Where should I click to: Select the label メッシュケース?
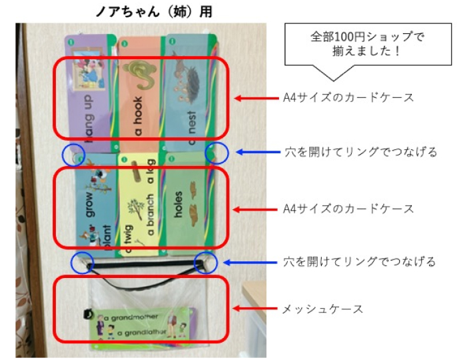point(322,309)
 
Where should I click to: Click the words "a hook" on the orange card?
point(138,113)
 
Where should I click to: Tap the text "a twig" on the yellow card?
point(129,237)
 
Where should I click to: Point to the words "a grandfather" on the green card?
point(141,331)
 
